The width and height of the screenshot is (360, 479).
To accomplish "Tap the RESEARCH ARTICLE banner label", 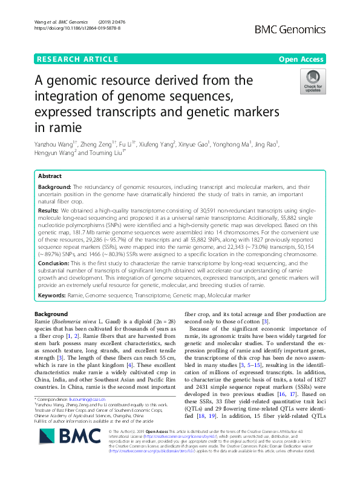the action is coord(77,59).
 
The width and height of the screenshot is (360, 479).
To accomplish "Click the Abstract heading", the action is coord(50,176).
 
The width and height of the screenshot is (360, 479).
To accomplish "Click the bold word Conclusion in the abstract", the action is coord(54,263).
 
